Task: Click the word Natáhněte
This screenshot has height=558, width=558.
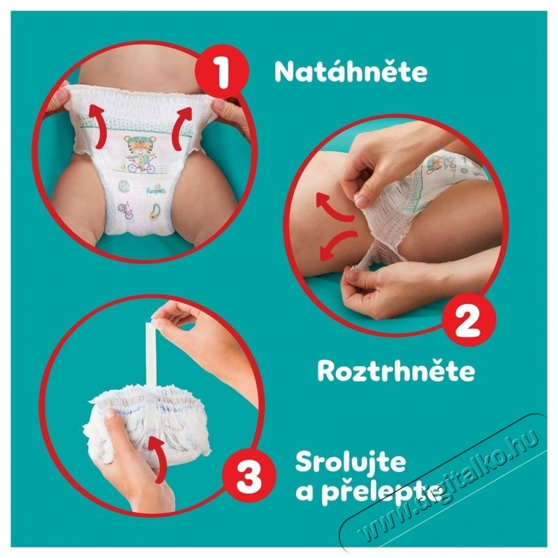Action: [x=350, y=72]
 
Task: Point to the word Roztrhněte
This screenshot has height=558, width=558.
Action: [x=395, y=371]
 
